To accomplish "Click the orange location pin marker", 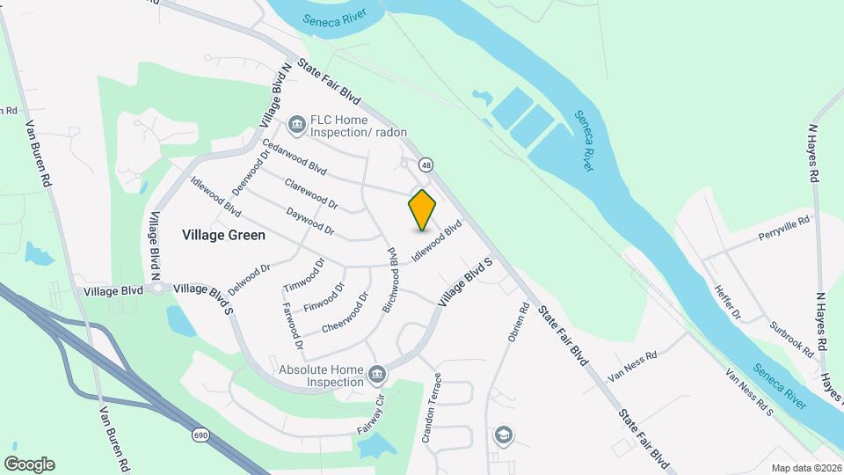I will (x=423, y=209).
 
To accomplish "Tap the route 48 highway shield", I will (x=426, y=164).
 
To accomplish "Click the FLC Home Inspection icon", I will (x=296, y=124).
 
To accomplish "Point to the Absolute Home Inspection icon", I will (x=376, y=375).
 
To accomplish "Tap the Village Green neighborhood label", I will (x=223, y=235).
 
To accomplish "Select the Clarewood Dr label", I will (x=310, y=194).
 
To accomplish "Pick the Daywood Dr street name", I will (x=310, y=221).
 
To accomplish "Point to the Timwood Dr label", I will (x=305, y=275).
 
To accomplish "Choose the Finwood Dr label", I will (x=326, y=296).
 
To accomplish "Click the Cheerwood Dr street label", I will (x=343, y=311).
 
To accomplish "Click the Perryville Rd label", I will (x=782, y=230).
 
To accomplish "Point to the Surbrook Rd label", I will (x=791, y=335).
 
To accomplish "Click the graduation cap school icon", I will (x=503, y=435).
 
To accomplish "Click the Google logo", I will (x=29, y=464).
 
